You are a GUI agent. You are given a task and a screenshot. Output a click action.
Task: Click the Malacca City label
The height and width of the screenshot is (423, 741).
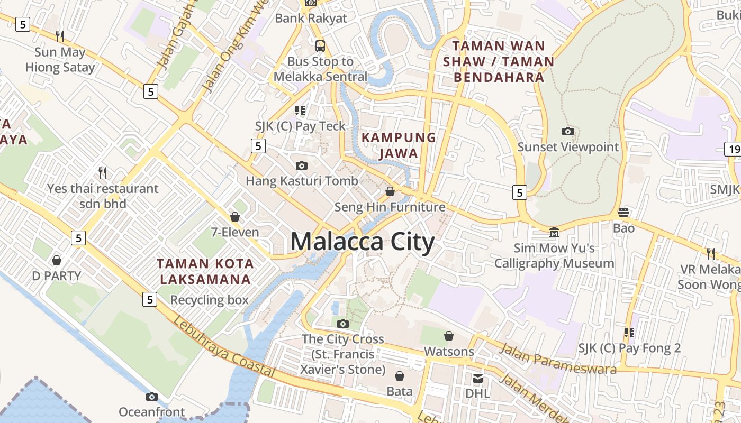click(363, 242)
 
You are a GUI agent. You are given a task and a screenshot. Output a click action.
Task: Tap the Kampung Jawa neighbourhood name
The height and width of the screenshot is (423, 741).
click(399, 145)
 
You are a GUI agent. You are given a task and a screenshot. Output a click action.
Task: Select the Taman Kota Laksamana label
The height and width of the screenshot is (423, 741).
click(205, 271)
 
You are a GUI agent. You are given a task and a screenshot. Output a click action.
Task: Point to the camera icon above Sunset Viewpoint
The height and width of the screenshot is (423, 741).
click(568, 131)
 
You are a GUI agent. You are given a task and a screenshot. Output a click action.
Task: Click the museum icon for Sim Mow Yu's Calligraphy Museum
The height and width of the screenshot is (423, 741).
click(554, 232)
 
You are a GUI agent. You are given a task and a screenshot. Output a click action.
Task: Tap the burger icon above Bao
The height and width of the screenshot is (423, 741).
click(623, 213)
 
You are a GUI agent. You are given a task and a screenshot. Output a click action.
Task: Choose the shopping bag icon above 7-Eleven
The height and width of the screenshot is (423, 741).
click(235, 217)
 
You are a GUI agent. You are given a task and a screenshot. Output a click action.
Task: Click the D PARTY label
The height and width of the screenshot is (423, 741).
click(57, 275)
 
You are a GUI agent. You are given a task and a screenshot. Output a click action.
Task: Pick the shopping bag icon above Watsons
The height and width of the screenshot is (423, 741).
click(449, 336)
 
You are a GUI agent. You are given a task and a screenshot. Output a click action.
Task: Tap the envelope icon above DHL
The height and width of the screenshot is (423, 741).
click(478, 378)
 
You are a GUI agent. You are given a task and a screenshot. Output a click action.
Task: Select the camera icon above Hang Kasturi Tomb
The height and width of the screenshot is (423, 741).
click(302, 165)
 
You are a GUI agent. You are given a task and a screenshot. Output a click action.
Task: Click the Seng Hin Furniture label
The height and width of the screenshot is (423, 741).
click(390, 207)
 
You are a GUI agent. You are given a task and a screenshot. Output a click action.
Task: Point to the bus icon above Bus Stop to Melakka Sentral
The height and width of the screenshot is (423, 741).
click(320, 45)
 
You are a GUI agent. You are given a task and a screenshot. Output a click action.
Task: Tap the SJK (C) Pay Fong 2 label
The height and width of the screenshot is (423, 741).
click(629, 348)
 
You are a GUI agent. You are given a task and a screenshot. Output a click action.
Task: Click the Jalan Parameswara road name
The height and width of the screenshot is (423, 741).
click(558, 359)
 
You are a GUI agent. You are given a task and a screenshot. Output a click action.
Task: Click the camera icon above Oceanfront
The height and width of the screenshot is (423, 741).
click(152, 397)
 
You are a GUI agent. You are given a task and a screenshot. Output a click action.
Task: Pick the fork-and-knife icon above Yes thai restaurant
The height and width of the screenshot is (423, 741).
click(103, 172)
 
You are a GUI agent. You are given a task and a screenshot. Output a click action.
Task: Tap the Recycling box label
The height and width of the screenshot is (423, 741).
click(209, 300)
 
